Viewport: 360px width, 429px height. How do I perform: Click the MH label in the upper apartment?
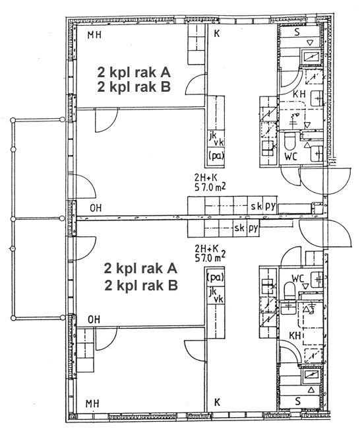[94, 35]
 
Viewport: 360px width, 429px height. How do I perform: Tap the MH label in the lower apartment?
[92, 403]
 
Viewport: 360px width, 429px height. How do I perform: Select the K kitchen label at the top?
[217, 34]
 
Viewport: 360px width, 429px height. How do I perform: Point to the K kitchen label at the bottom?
[217, 402]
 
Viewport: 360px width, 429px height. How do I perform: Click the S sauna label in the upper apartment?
[297, 32]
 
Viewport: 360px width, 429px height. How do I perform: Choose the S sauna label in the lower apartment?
[297, 401]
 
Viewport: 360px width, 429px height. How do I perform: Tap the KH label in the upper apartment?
[299, 94]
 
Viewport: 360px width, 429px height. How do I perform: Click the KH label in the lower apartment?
[295, 335]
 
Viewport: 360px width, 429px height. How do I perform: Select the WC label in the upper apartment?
[291, 157]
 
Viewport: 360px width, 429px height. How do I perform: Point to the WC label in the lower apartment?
[298, 279]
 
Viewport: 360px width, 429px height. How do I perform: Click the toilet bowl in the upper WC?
[289, 141]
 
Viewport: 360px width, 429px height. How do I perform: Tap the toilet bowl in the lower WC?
[289, 291]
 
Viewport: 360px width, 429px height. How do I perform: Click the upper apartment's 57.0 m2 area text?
[210, 187]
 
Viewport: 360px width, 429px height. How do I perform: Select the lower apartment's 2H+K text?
[206, 249]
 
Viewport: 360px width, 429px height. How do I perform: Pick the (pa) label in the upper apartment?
[216, 156]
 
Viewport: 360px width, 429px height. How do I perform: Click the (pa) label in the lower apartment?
[216, 277]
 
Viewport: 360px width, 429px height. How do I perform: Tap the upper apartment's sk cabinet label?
[256, 206]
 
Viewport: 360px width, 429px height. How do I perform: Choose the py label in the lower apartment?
[253, 228]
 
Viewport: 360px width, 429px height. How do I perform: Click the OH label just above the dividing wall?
[96, 208]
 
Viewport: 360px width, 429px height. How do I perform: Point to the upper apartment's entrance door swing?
[325, 181]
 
